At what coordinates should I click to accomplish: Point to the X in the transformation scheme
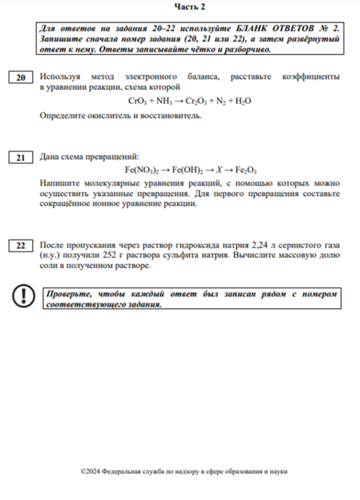[x=217, y=170]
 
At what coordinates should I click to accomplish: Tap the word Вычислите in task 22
[x=273, y=255]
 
